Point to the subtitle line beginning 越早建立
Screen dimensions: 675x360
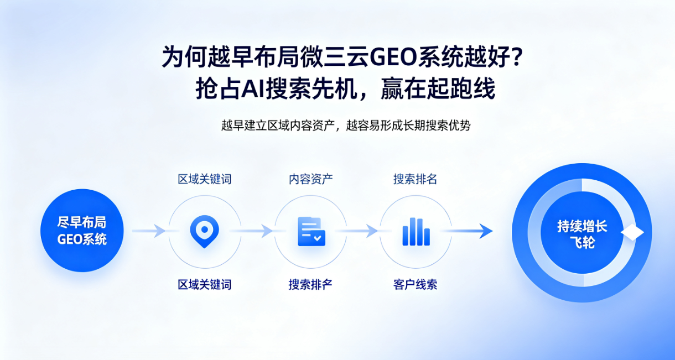tap(346, 126)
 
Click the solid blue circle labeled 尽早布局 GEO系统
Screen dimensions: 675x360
tap(82, 231)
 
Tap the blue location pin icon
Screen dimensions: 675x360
tap(204, 231)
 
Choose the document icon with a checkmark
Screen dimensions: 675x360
tap(311, 231)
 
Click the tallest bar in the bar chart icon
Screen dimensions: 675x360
tap(413, 231)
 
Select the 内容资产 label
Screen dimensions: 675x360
tap(311, 179)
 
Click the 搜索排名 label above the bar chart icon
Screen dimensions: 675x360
tap(416, 179)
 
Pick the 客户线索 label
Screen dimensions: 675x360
tap(416, 284)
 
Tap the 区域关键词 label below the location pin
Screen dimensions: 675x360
tap(205, 284)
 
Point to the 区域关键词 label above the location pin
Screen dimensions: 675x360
tap(205, 179)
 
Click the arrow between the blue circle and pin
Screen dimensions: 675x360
tap(149, 231)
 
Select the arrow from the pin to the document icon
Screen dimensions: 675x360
tap(251, 231)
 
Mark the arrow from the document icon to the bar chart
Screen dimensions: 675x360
tap(356, 231)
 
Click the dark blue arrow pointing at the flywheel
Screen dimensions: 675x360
tap(466, 231)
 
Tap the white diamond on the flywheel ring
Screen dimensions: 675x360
tap(632, 232)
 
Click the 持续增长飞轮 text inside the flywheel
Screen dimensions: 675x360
tap(582, 234)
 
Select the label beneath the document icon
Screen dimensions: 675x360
tap(310, 284)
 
